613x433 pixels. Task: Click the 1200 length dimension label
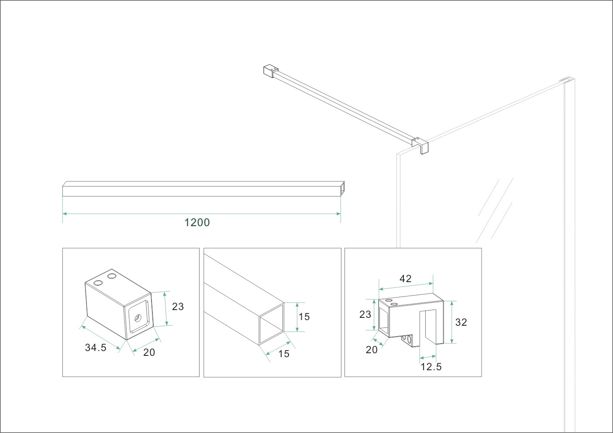click(x=197, y=222)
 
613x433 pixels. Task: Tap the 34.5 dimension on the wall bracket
click(x=96, y=348)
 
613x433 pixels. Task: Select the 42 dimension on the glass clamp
click(x=405, y=279)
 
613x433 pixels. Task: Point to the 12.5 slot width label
click(x=431, y=367)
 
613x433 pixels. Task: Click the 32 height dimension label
click(x=461, y=322)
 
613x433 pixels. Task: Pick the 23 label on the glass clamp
click(x=365, y=315)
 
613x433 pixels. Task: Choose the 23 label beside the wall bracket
click(x=178, y=307)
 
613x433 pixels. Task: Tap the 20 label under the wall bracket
click(x=149, y=353)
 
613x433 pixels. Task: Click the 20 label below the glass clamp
click(x=372, y=350)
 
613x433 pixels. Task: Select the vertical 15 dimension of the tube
click(x=304, y=317)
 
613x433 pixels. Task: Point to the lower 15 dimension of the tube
click(x=284, y=354)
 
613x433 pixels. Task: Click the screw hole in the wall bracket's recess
click(x=138, y=317)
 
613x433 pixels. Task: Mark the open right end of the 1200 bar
click(x=342, y=189)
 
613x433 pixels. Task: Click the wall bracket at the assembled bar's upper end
click(x=271, y=71)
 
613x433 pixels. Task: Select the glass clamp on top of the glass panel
click(x=420, y=145)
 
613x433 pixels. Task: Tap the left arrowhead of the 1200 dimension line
click(x=65, y=214)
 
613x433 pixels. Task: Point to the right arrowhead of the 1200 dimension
click(x=339, y=214)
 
